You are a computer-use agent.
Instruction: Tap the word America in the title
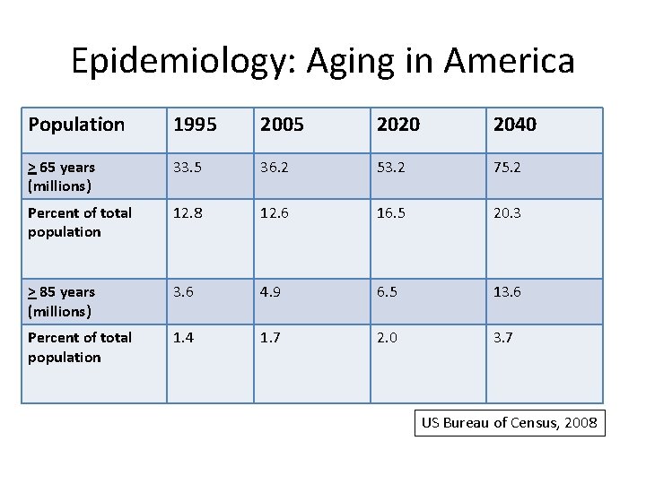click(510, 61)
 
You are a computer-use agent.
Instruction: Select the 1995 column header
click(195, 125)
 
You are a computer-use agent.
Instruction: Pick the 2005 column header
click(282, 125)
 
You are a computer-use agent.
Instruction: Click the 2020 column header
click(398, 125)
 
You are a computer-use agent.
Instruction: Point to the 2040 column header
click(515, 125)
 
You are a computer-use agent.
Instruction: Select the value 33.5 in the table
click(188, 168)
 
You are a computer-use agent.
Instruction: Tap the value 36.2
click(275, 168)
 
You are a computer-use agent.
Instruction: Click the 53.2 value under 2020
click(391, 168)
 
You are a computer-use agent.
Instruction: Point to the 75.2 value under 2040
click(507, 168)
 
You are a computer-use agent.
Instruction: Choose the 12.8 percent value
click(188, 213)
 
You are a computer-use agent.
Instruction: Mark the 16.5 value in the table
click(391, 213)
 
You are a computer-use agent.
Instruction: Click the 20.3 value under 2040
click(507, 213)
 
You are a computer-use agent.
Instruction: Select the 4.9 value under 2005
click(270, 292)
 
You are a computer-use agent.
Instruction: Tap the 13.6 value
click(507, 292)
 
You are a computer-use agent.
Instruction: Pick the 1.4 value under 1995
click(183, 338)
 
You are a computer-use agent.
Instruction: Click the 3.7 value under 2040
click(503, 338)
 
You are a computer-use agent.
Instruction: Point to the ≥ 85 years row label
click(61, 302)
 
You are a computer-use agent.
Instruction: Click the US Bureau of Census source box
click(510, 423)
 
